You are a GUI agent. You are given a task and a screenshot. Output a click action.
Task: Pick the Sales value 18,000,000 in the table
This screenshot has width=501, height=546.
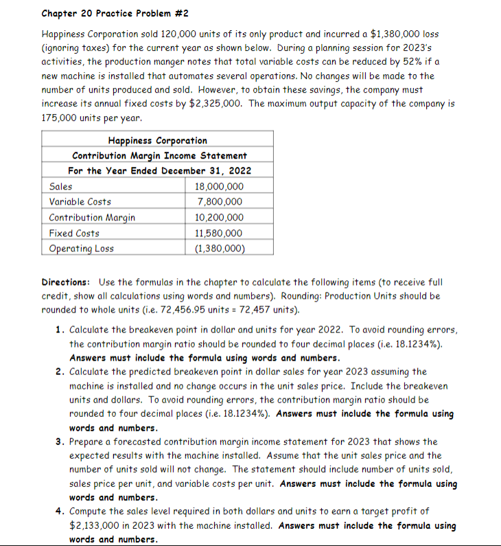point(219,186)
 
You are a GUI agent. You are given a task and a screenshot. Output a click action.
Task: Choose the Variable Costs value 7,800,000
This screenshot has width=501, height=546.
point(219,202)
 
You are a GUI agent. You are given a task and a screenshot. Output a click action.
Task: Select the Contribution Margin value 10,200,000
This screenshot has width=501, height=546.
point(219,218)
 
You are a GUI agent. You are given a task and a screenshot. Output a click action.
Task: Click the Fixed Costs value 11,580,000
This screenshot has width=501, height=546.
point(219,234)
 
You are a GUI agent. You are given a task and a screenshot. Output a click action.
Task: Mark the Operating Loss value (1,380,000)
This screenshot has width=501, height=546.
point(219,249)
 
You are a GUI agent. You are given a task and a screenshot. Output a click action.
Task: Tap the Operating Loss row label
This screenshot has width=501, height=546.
point(82,249)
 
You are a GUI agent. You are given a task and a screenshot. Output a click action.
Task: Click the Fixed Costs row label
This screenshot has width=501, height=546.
point(74,234)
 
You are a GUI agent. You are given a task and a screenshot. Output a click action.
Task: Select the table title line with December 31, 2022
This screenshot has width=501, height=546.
point(159,170)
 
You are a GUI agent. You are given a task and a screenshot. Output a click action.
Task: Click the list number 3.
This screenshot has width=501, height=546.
point(60,442)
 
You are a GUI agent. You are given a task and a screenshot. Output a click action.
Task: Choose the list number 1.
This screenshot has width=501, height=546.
point(60,330)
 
